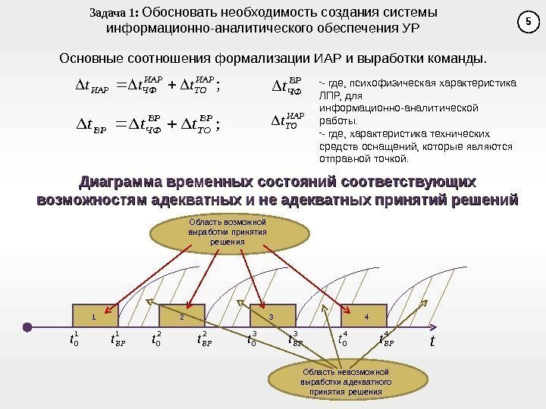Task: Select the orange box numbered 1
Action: pos(94,316)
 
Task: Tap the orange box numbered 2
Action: pos(182,316)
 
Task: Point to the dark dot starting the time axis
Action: pos(27,327)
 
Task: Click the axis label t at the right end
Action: pos(431,342)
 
